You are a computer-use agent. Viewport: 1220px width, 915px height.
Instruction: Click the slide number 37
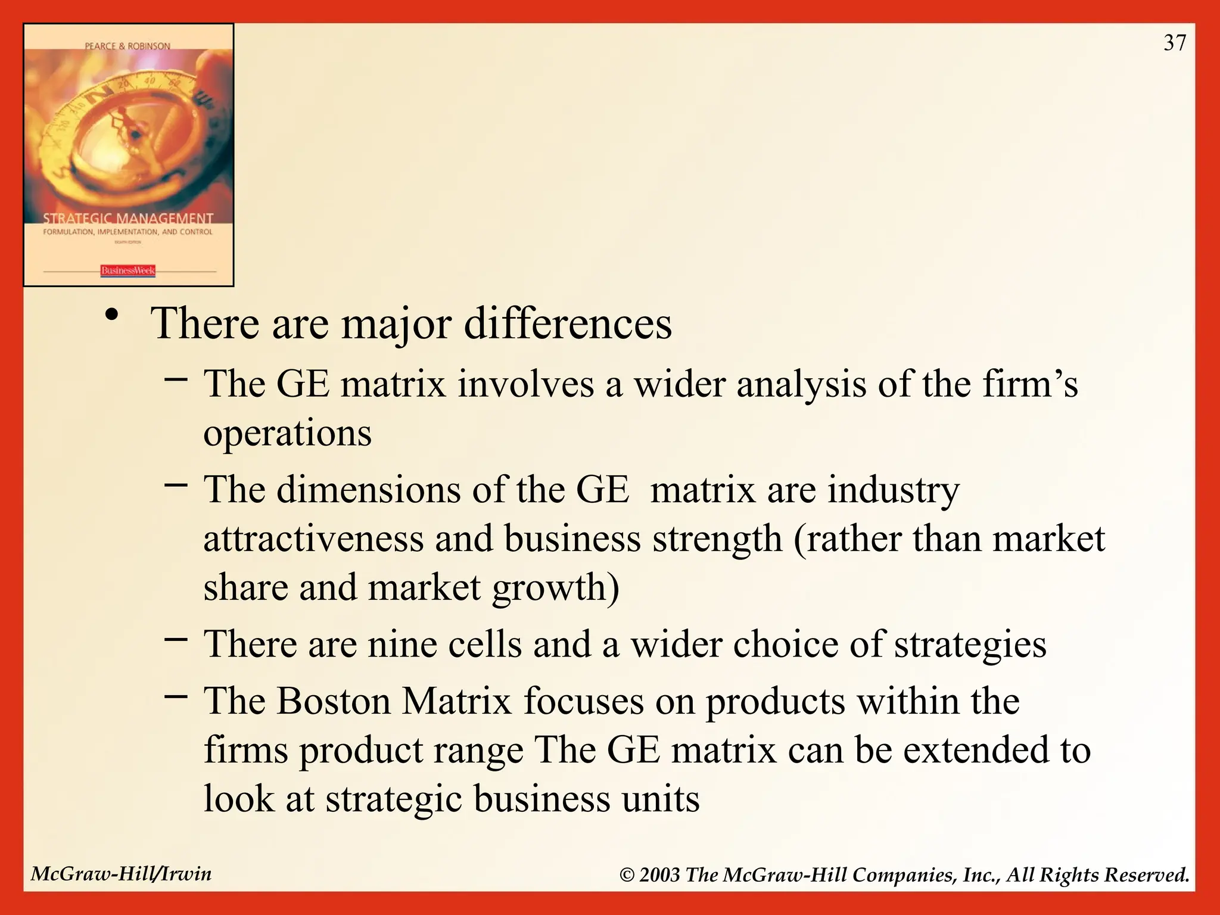coord(1175,43)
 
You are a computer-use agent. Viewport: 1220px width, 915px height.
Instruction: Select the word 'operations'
coord(287,433)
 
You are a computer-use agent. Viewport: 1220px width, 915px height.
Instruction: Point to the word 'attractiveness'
coord(313,539)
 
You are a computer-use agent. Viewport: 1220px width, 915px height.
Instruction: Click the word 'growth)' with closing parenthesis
coord(555,588)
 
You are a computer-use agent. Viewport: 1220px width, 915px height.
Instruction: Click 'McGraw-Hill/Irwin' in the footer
coord(121,874)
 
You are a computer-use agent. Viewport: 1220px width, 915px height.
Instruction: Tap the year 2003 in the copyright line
coord(659,875)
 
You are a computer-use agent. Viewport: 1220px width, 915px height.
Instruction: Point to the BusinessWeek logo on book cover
coord(127,271)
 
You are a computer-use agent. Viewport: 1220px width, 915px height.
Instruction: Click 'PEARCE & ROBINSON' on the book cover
coord(127,46)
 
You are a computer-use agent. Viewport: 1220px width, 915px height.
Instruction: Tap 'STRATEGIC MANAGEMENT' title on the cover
coord(127,219)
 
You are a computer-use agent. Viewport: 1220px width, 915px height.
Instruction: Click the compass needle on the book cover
coord(128,128)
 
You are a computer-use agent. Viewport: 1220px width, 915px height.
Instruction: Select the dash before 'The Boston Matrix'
coord(176,695)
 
